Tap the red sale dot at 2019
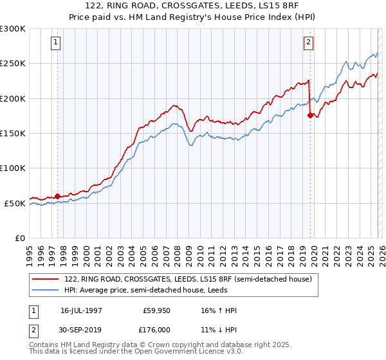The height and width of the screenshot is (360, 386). point(310,116)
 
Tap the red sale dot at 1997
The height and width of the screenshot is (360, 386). point(57,196)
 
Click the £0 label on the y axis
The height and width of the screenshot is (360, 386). point(19,239)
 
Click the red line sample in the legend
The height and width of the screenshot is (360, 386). point(46,279)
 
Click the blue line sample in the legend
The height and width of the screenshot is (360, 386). point(46,290)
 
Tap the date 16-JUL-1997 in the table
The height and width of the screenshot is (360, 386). point(81,310)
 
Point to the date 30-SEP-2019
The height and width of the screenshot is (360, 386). point(81,330)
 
